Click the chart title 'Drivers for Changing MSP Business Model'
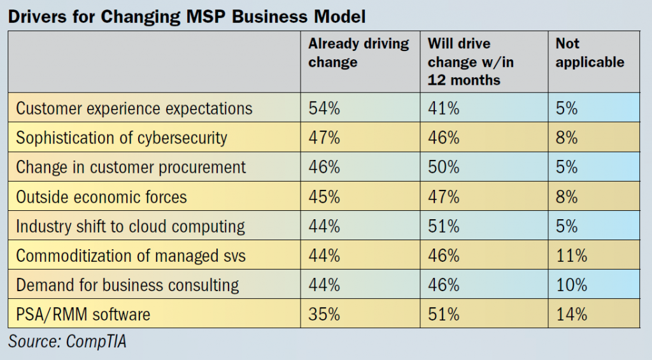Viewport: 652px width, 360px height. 187,16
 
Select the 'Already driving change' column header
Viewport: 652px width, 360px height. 358,53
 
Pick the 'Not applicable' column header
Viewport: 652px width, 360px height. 590,53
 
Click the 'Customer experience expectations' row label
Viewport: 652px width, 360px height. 134,108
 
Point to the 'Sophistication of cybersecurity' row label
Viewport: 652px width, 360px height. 121,138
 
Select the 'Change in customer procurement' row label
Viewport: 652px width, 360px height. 131,167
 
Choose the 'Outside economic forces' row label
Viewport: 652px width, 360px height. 101,196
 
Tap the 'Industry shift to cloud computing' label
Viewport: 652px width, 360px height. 130,226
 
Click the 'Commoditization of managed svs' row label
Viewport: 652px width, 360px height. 131,256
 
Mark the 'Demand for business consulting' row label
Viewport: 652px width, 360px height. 127,285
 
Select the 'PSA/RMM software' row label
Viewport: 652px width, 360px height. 83,314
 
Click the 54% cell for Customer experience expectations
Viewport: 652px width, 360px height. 324,108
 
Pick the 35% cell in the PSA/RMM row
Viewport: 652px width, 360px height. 324,314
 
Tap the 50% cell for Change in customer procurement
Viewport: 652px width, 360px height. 443,167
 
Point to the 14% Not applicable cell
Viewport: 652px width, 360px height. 571,314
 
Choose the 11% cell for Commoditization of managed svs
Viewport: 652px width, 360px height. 571,256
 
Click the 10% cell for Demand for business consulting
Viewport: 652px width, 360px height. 571,285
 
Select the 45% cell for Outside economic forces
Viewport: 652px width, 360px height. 324,196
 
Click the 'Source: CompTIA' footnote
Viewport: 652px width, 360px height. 67,342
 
